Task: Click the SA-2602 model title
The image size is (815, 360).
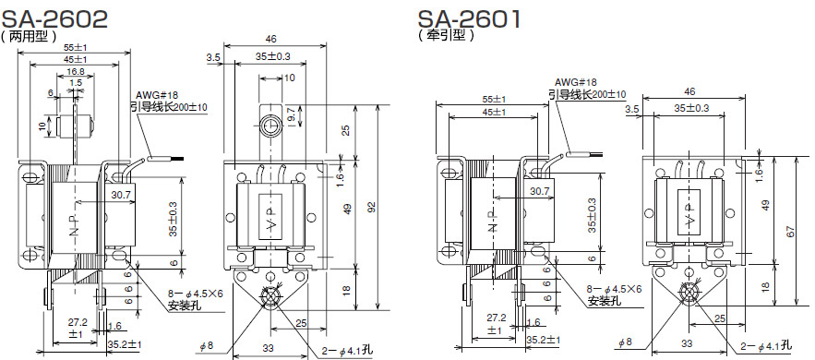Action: tap(55, 19)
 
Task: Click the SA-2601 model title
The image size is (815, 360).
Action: tap(470, 19)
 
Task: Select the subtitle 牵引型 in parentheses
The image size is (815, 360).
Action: tap(447, 36)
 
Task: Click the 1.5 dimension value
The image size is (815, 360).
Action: tap(76, 82)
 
